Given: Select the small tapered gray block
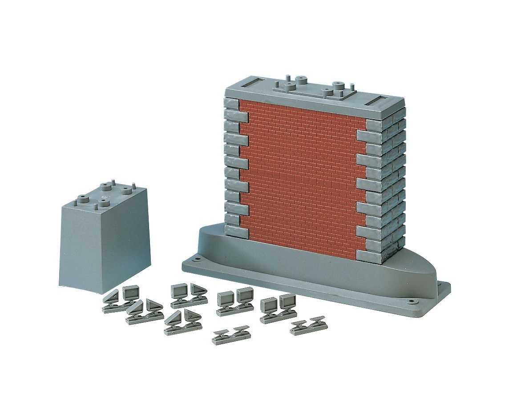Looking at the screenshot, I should pos(103,236).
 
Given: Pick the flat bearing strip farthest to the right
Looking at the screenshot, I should pos(307,327).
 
